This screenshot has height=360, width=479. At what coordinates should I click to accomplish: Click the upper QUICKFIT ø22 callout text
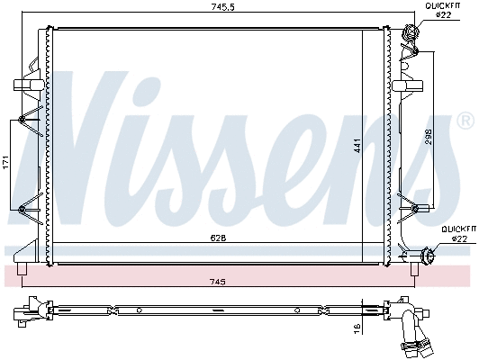(442, 11)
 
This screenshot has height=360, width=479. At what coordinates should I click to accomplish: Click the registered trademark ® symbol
(465, 119)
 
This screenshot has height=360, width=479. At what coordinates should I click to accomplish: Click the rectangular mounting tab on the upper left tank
(23, 85)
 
